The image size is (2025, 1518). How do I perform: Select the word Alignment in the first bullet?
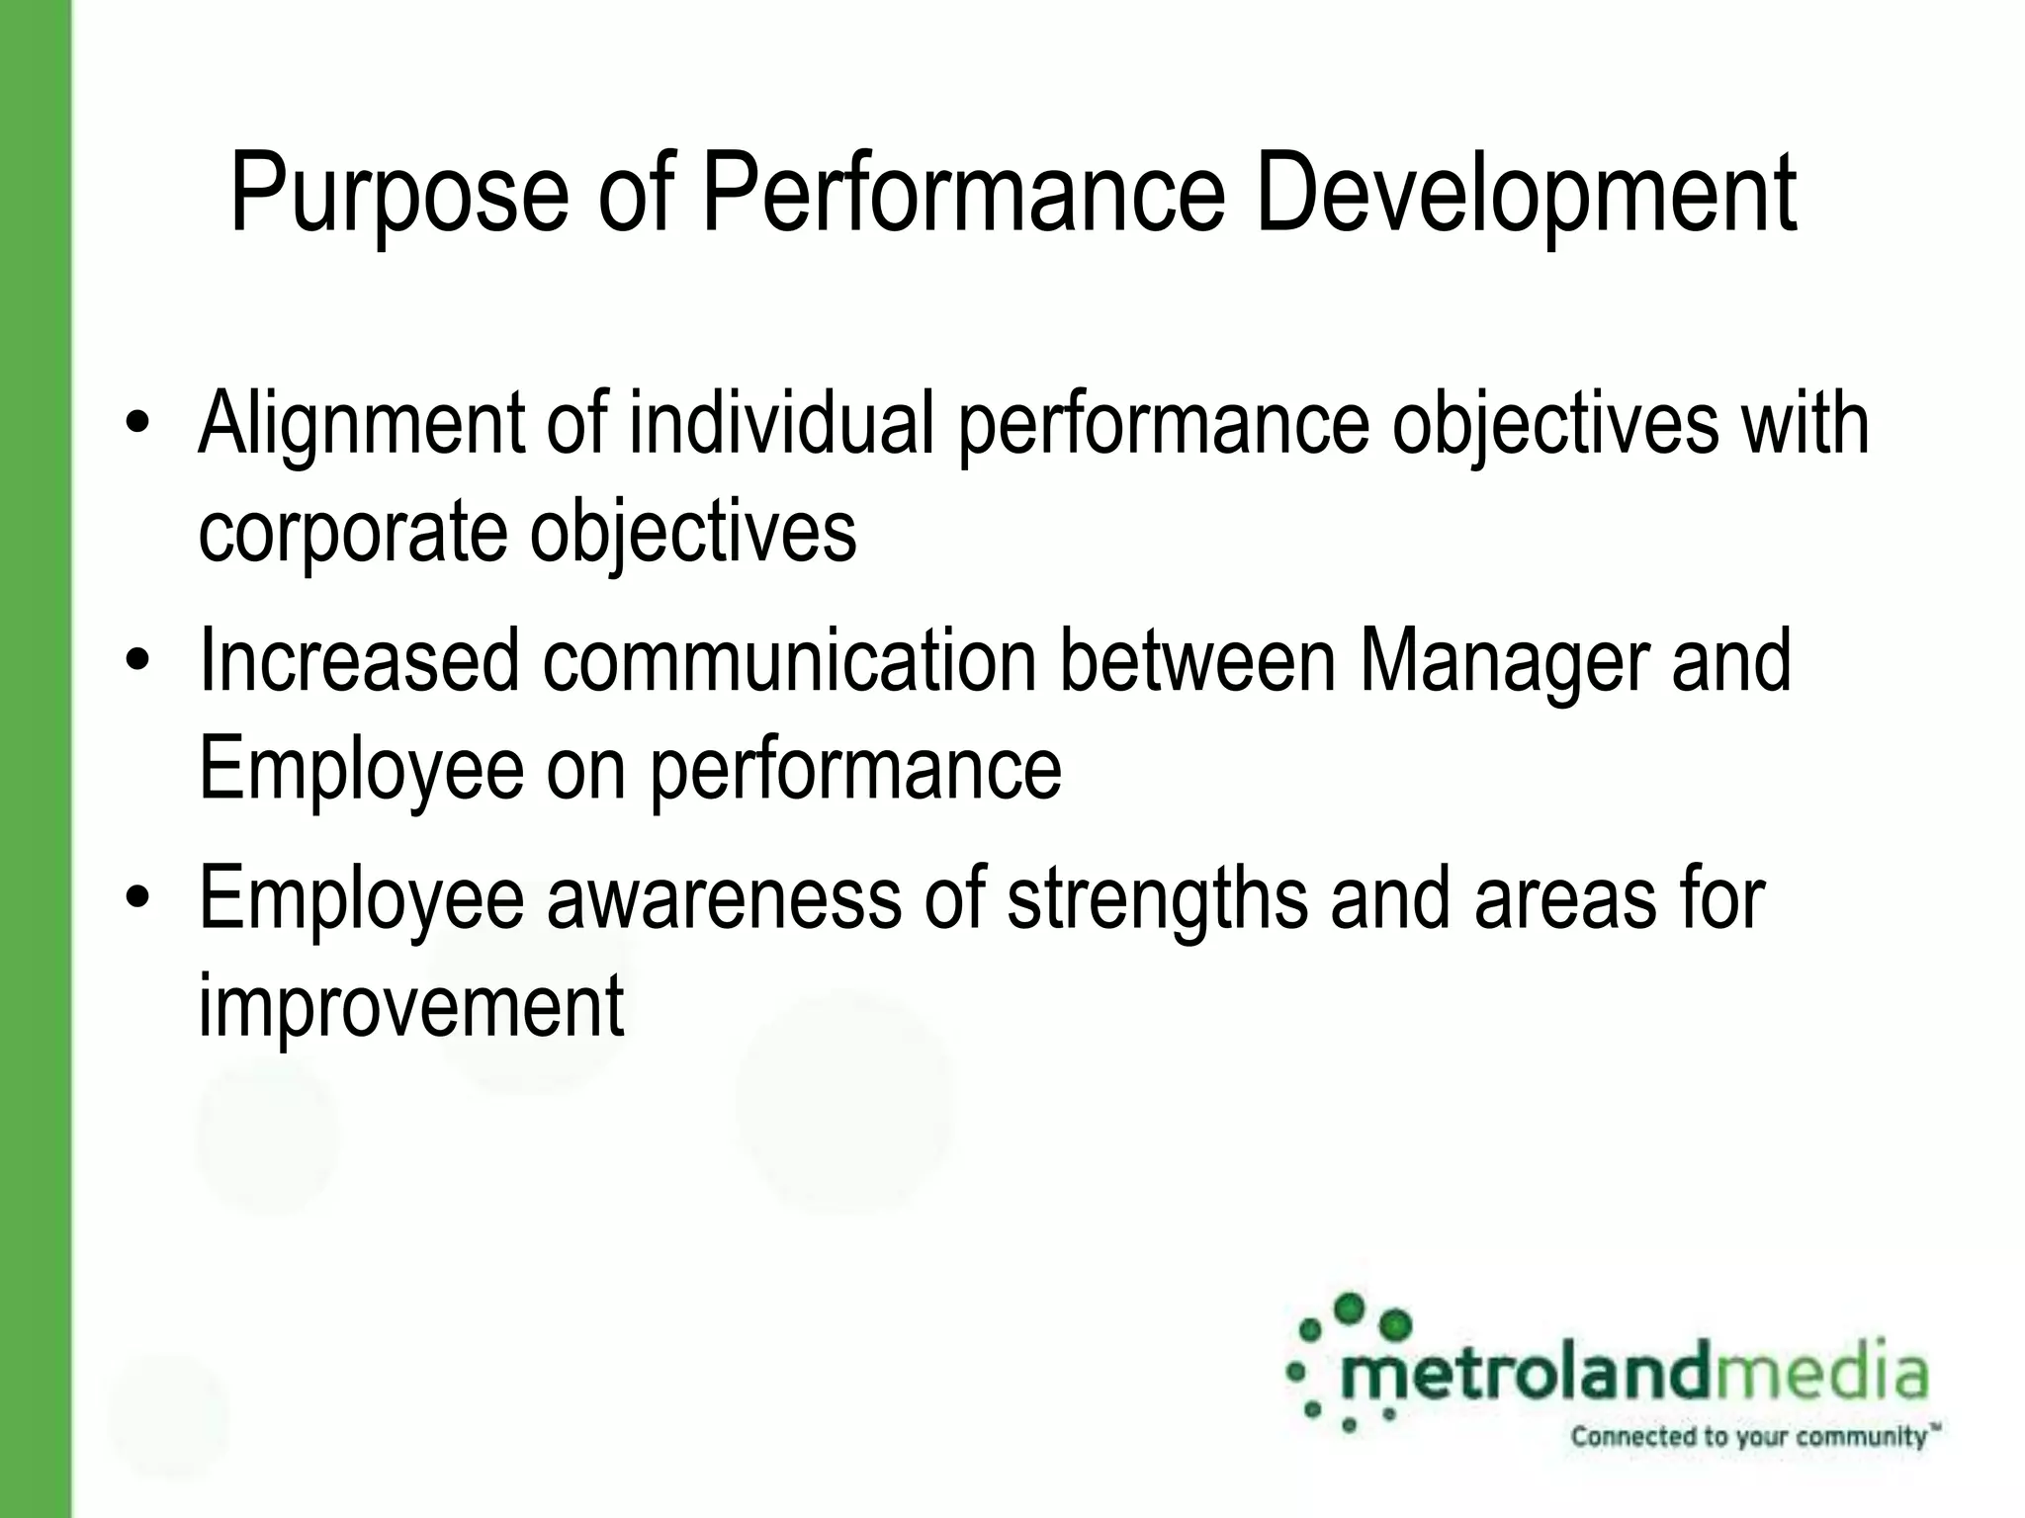coord(361,425)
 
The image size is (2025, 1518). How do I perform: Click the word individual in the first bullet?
coord(781,425)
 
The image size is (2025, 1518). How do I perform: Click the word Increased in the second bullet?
coord(359,660)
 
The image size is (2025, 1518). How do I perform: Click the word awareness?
coord(724,897)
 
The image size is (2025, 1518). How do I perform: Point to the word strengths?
coord(1157,897)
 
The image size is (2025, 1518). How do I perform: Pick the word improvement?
coord(411,1006)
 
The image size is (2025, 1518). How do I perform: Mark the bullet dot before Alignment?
coord(137,425)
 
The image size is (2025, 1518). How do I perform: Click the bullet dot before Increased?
coord(137,660)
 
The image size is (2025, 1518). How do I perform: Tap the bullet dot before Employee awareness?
coord(137,897)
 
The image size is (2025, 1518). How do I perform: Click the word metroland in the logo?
coord(1523,1374)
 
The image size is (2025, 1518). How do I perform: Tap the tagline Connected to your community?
coord(1750,1436)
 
